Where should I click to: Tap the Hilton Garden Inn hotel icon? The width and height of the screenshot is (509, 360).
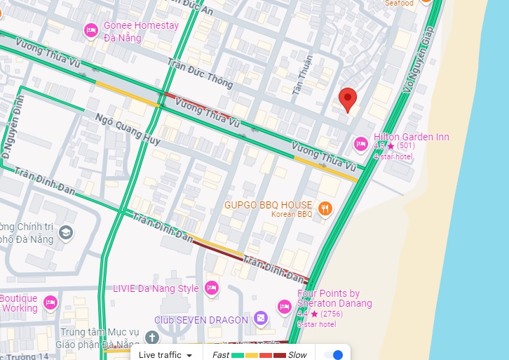(361, 144)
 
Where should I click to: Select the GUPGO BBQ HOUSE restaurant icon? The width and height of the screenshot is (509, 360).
(325, 208)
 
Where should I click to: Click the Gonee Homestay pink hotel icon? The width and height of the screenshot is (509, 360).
(90, 30)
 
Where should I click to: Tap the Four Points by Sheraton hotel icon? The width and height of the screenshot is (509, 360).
(285, 306)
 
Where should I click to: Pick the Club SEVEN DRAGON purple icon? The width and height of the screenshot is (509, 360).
(261, 319)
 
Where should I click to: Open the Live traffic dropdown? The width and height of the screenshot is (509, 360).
(165, 355)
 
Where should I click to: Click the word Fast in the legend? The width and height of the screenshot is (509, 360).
(221, 355)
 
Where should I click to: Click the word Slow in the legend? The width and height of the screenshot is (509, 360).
(297, 355)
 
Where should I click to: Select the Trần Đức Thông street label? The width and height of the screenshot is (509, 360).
(200, 74)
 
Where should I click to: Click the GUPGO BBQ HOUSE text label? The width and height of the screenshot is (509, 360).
(268, 205)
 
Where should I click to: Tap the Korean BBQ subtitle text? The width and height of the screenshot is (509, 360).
(291, 214)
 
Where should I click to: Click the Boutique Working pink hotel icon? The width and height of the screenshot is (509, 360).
(50, 302)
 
